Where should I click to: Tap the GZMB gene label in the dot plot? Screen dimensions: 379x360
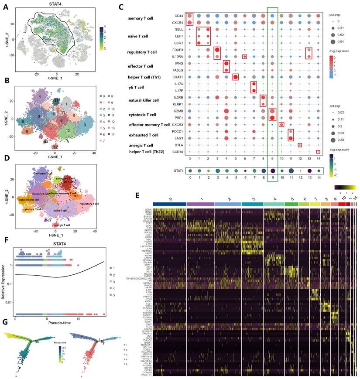[178, 111]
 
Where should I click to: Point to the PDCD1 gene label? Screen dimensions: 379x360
[178, 131]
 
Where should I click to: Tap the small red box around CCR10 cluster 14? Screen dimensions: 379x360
[318, 152]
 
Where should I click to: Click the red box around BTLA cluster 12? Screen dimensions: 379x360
[300, 145]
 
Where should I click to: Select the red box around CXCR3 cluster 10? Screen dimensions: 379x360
[281, 125]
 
